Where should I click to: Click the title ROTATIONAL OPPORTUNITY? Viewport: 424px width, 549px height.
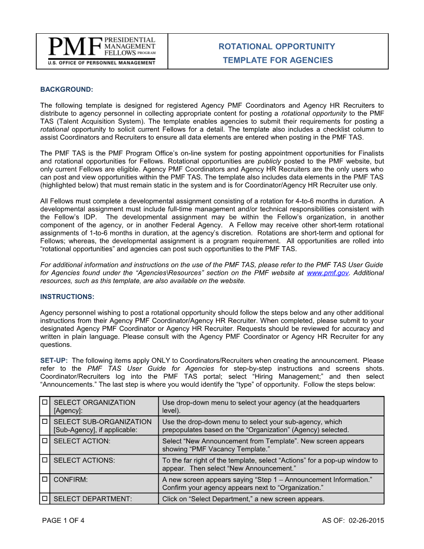[x=277, y=47]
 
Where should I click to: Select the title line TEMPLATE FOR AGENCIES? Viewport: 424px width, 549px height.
[x=278, y=60]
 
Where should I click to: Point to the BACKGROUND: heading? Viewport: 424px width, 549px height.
[x=67, y=89]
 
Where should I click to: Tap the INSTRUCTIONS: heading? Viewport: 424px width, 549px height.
[x=67, y=297]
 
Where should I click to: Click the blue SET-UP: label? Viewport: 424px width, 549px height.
[x=54, y=361]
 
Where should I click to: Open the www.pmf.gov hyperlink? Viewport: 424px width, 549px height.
[x=328, y=273]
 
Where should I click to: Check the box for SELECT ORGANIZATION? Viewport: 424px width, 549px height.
[x=45, y=402]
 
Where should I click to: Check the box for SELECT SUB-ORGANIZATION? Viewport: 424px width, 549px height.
[x=45, y=421]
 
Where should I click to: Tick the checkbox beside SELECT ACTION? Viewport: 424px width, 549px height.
[x=45, y=440]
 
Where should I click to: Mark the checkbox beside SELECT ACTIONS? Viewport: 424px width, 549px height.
[x=45, y=460]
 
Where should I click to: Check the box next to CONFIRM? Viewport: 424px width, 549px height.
[x=45, y=479]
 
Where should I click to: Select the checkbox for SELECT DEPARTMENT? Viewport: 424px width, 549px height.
[x=45, y=498]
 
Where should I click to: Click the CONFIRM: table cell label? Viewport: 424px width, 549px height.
[x=71, y=480]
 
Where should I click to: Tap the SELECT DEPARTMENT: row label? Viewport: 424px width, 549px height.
[x=93, y=499]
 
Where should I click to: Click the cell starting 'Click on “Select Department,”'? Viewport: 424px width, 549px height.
[x=243, y=499]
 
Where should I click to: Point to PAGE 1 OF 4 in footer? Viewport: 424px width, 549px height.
[x=63, y=520]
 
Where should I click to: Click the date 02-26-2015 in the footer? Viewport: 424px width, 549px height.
[x=366, y=520]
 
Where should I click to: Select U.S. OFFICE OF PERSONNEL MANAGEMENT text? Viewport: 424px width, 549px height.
[x=101, y=63]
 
